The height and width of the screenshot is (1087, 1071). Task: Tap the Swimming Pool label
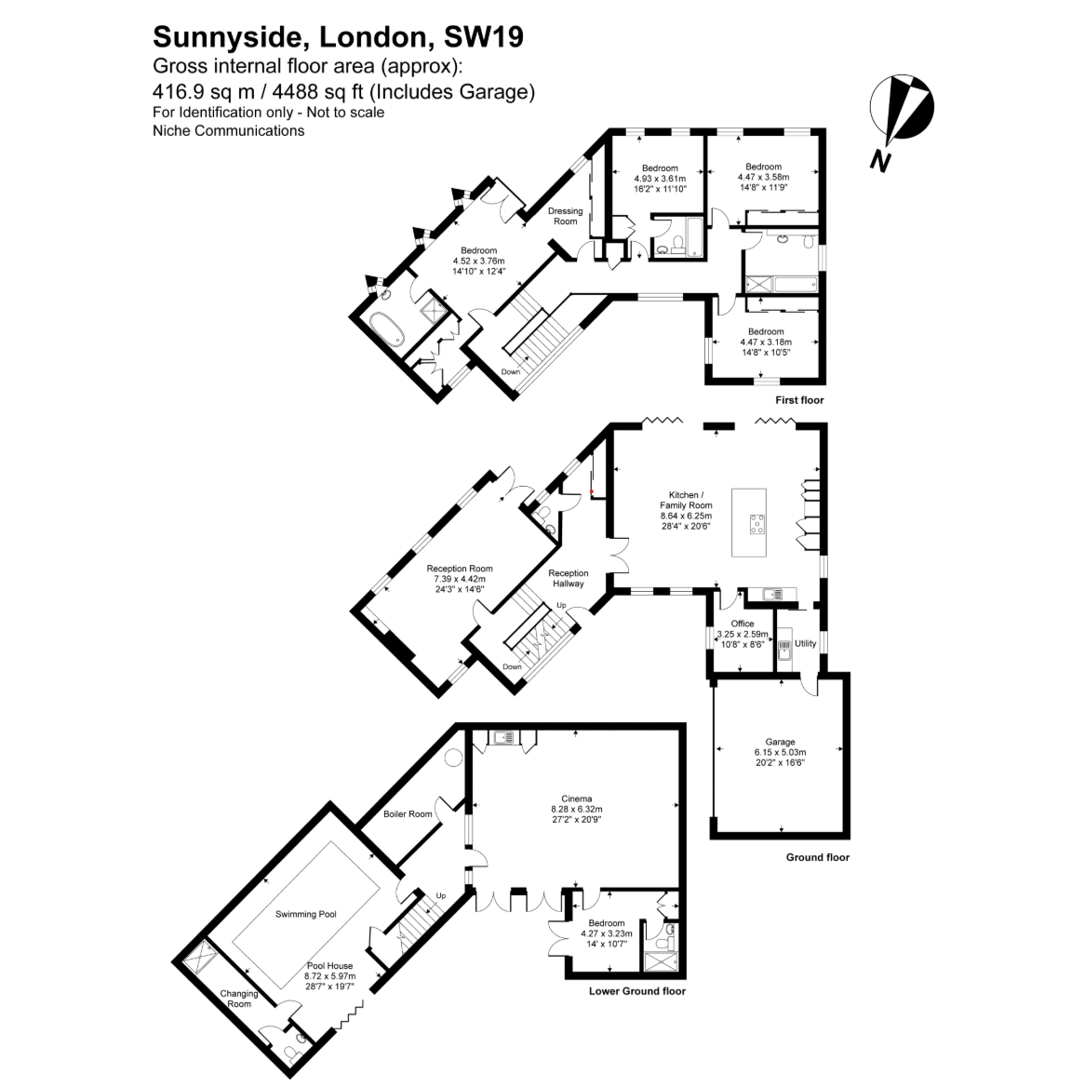pos(306,914)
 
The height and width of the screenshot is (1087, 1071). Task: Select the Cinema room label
pos(576,798)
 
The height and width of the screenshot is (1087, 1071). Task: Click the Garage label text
pos(780,742)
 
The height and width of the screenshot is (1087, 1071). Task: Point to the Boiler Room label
pos(408,814)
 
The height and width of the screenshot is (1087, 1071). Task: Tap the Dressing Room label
pos(566,216)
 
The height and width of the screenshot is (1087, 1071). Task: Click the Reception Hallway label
pos(569,578)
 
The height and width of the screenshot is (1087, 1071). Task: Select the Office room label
pos(743,624)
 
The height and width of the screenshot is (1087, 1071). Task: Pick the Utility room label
pos(806,643)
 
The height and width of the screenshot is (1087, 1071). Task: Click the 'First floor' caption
pos(800,400)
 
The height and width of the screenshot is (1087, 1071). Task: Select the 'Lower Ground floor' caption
pos(637,990)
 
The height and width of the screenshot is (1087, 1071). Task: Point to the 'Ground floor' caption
pos(817,857)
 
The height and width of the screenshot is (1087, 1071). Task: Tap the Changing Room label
pos(239,999)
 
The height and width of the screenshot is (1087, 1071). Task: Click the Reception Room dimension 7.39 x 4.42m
pos(460,579)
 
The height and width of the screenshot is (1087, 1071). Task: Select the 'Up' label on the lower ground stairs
pos(441,895)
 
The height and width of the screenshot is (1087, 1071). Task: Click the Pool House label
pos(330,966)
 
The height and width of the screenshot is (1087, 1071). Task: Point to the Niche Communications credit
pos(228,130)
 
